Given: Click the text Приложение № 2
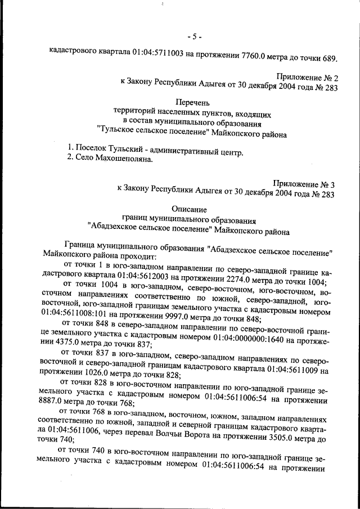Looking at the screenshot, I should pyautogui.click(x=306, y=76).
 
